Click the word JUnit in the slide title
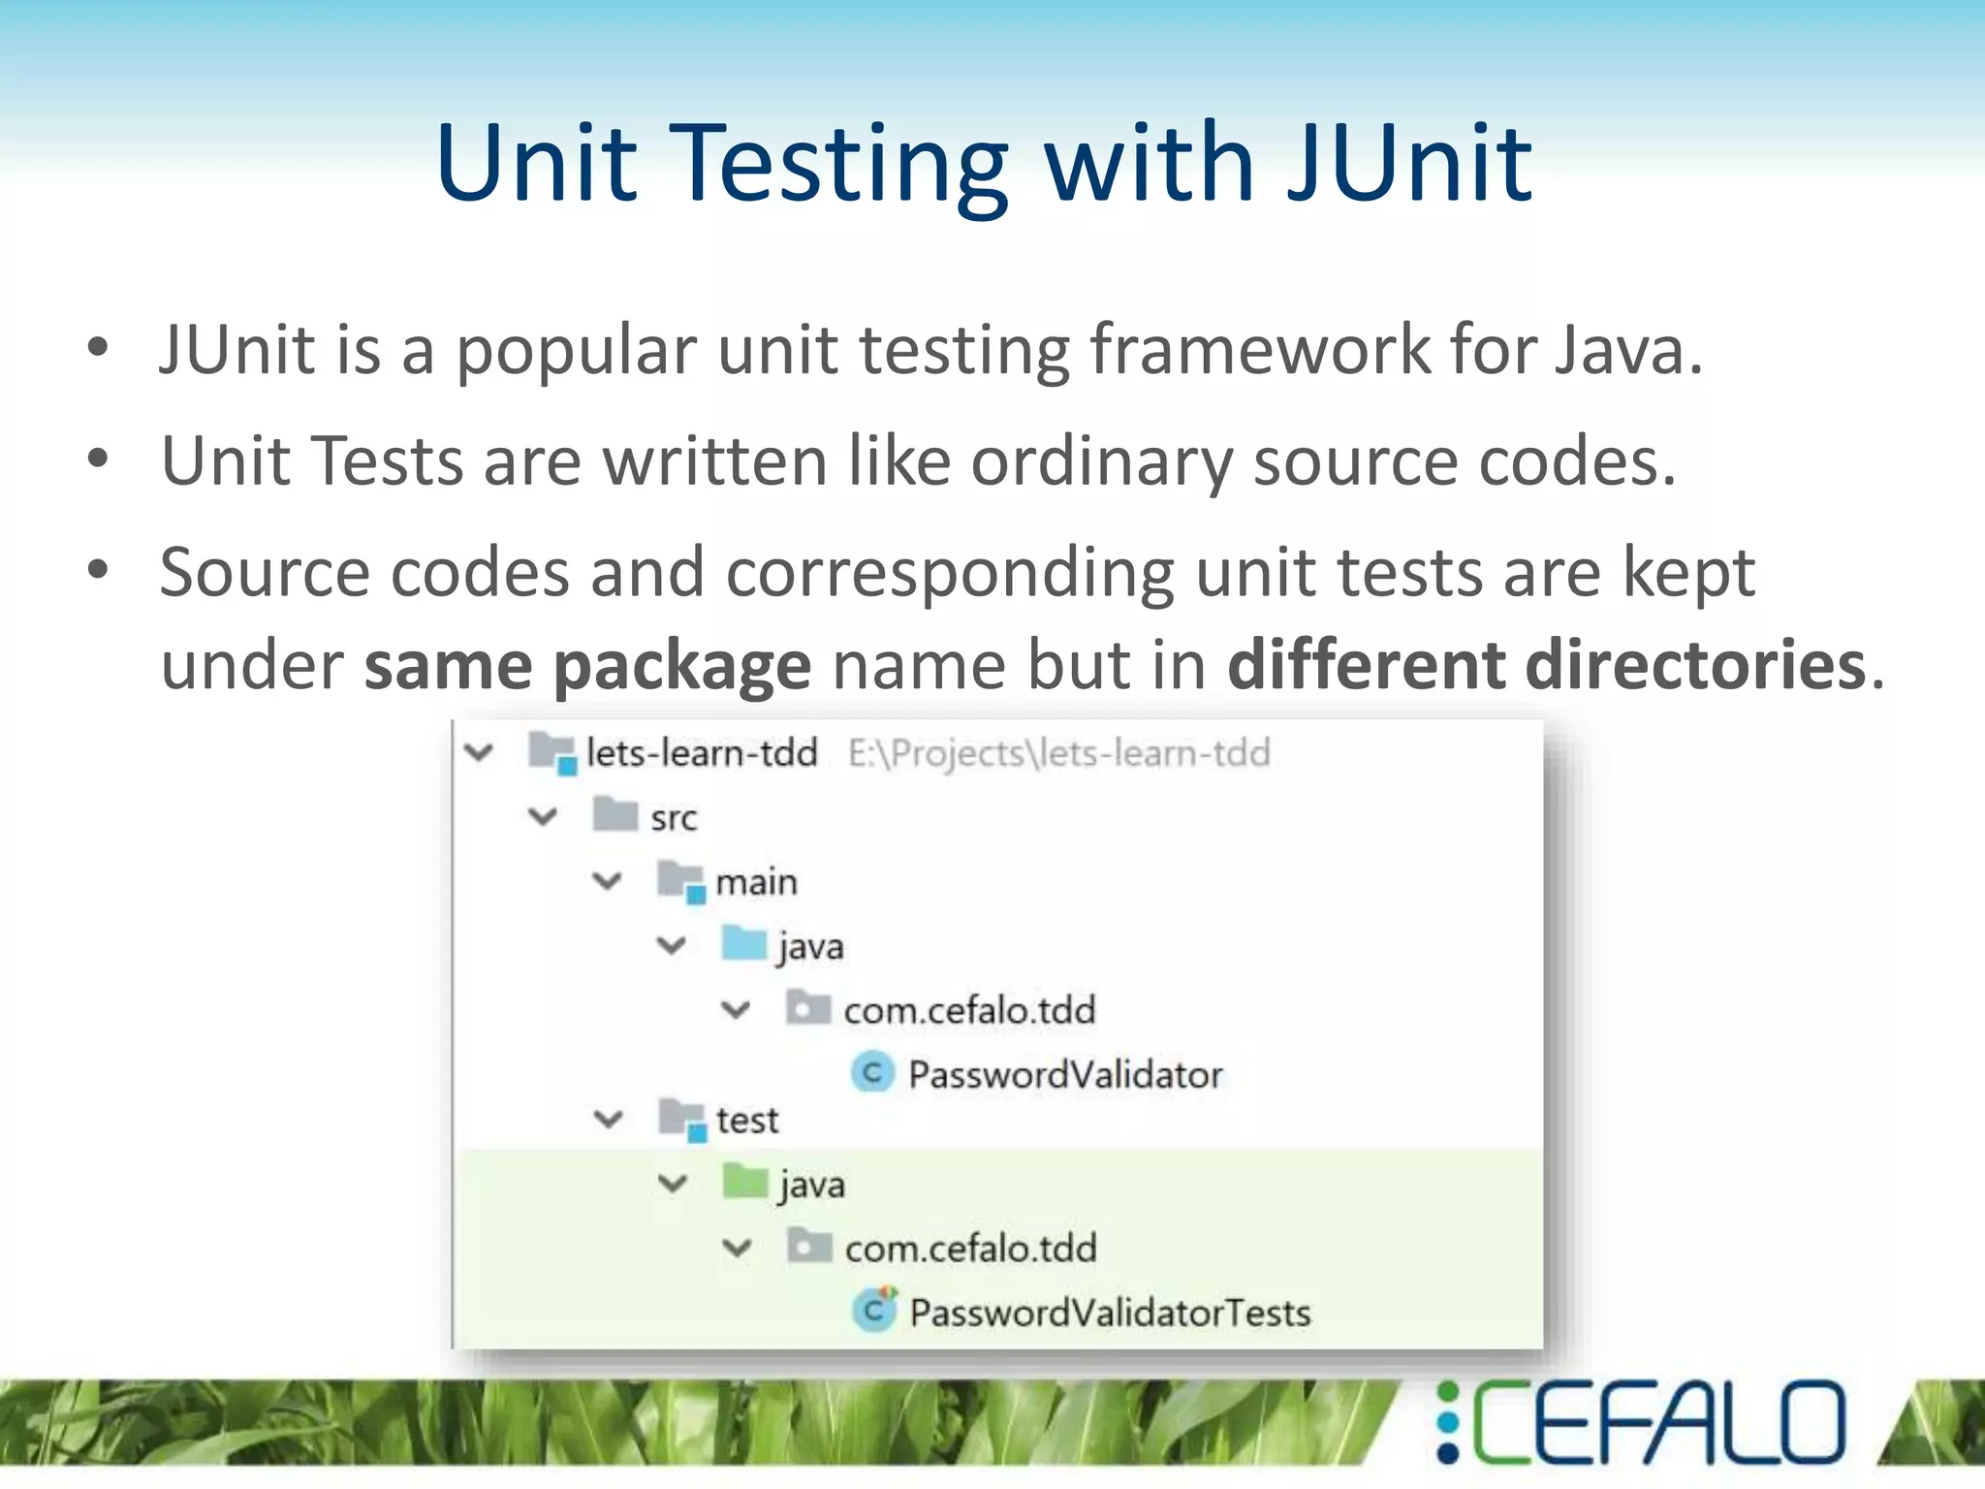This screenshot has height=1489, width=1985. coord(1410,163)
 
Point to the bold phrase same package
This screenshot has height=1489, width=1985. coord(586,665)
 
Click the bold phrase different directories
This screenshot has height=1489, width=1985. coord(1547,665)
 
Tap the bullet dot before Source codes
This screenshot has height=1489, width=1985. coord(98,570)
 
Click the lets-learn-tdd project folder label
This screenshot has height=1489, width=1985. coord(702,752)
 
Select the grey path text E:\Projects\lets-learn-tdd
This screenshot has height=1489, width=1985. coord(1058,752)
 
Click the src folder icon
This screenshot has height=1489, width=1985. coord(615,814)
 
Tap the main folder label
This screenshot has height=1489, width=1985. coord(756,881)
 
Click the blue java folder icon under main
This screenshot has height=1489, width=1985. coord(744,942)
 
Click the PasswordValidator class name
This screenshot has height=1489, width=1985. coord(1065,1074)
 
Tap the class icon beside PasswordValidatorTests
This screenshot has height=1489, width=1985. coord(874,1311)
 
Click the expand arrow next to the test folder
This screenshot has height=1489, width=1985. coord(608,1119)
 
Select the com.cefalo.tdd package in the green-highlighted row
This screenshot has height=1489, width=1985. coord(970,1248)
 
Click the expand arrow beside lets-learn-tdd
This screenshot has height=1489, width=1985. coord(480,751)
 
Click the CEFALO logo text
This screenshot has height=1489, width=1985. coord(1657,1422)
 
